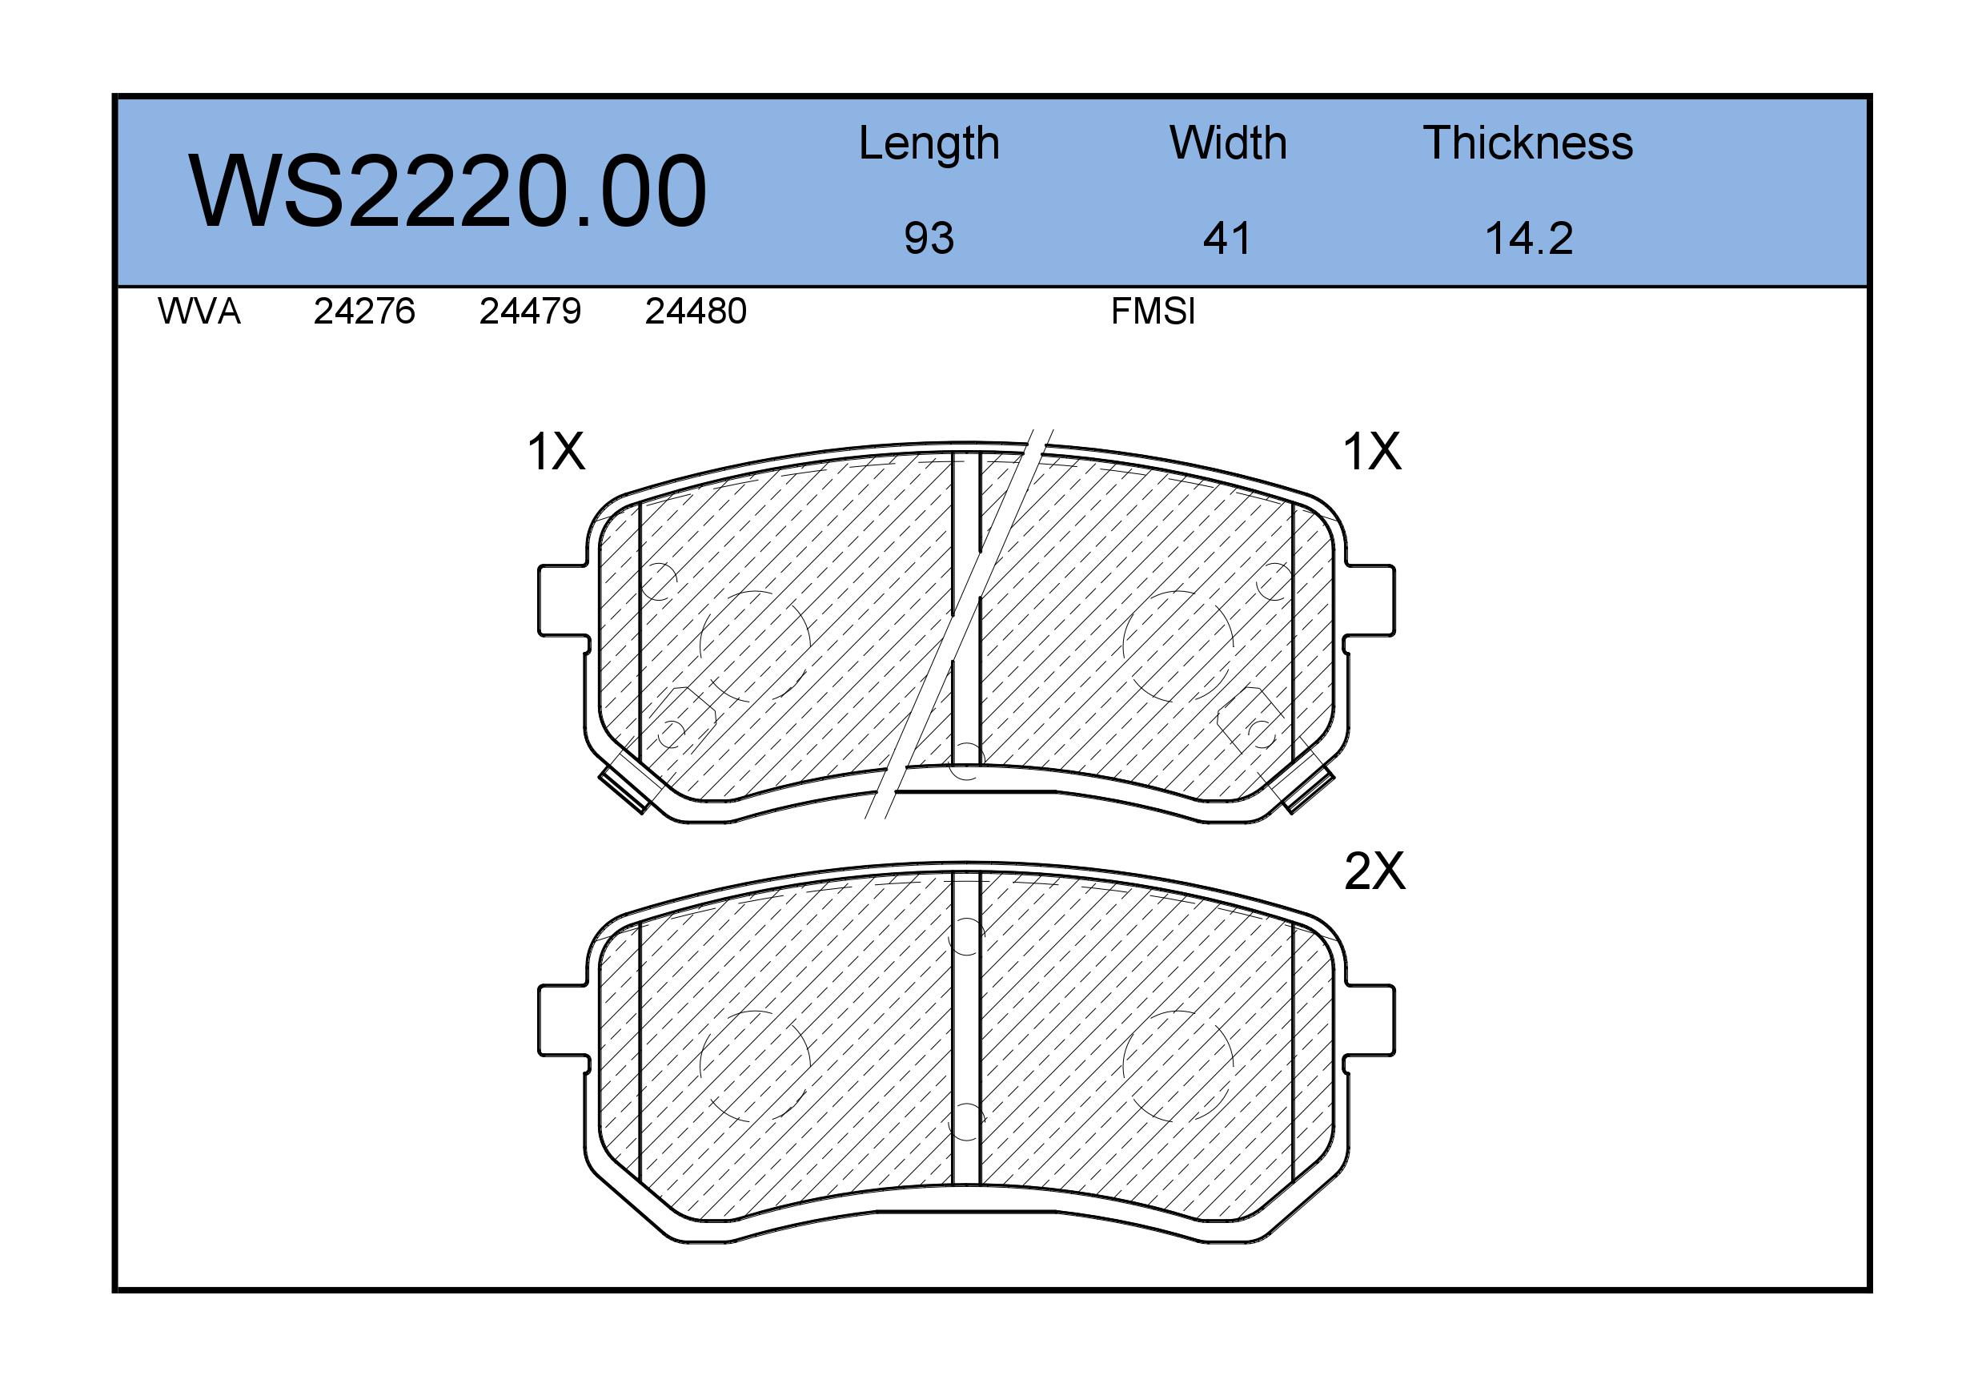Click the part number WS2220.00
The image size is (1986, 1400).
(447, 191)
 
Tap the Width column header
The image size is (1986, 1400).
(1228, 143)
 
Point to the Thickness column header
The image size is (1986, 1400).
(1527, 143)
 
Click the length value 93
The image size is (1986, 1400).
(929, 238)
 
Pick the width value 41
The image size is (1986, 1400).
(1226, 238)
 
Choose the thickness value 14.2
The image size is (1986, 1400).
(1528, 238)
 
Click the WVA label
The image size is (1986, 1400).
(199, 312)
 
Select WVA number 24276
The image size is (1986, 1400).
(364, 312)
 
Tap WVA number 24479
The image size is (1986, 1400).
(530, 312)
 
